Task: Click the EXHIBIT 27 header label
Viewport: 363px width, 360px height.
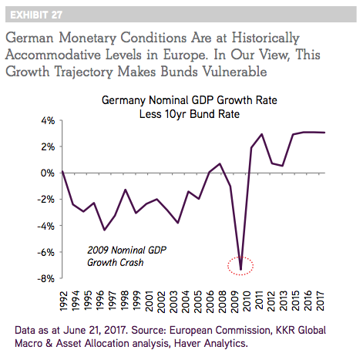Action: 36,15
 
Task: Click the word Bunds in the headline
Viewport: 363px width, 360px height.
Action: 180,72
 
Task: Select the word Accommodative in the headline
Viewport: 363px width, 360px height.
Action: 53,55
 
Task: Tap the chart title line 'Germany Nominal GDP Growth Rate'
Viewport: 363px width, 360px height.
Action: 190,100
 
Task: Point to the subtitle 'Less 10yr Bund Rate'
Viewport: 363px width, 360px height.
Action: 190,114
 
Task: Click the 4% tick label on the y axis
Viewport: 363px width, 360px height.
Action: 48,120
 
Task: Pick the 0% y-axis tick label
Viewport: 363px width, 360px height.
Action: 48,173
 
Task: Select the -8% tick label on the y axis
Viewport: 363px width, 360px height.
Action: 46,278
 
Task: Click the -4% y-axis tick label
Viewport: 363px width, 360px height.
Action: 46,226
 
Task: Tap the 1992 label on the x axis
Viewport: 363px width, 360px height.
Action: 64,301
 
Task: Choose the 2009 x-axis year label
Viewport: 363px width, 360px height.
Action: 234,301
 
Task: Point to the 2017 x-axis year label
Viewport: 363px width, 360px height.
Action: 320,301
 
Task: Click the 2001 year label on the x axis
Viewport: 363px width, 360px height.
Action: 150,301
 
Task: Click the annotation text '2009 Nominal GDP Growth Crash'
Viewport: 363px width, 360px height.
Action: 126,256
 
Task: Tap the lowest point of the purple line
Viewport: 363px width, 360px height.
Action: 240,270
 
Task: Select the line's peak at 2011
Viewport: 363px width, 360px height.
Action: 262,134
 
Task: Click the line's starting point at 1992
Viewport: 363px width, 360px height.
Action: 62,172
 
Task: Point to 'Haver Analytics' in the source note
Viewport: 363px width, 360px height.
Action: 210,343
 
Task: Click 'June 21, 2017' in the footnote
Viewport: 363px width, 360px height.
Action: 96,331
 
